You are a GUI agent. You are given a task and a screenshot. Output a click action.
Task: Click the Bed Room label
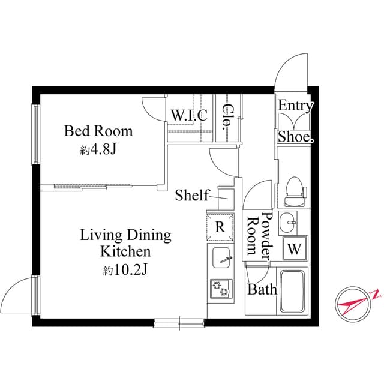click(99, 131)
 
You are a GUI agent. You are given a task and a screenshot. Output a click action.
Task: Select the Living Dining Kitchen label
click(126, 243)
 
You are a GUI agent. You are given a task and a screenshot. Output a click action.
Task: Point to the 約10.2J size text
click(125, 270)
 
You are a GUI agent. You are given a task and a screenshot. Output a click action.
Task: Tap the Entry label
click(295, 107)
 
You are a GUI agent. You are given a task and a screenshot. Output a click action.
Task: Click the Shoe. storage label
click(295, 137)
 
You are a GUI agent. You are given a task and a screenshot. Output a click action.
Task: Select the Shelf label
click(192, 195)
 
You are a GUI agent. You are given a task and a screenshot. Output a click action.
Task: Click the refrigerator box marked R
click(220, 227)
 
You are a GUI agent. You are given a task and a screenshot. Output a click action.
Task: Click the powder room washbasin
click(289, 223)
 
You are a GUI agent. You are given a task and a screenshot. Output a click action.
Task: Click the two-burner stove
click(220, 290)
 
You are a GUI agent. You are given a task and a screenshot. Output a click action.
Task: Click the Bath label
click(262, 290)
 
